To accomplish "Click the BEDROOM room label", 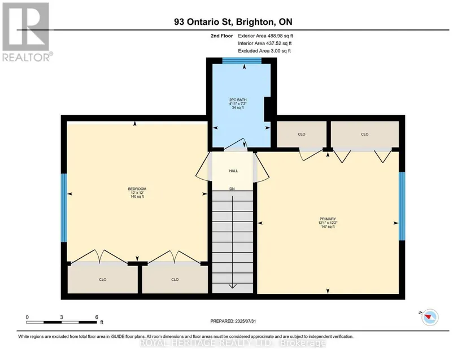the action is coord(137,189).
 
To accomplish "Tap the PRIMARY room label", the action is coord(328,219).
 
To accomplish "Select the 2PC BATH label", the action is coord(238,100).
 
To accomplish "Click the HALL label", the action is coord(233,171).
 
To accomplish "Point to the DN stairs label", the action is coord(232,189).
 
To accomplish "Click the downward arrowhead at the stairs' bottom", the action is coord(232,286).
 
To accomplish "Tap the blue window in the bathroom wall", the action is coord(242,60).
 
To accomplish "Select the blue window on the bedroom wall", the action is coord(64,208).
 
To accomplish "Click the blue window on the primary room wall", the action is coord(402,206).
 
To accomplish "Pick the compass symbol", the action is coord(430,317).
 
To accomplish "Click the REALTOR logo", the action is coord(27,32).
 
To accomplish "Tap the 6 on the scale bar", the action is coord(97,317).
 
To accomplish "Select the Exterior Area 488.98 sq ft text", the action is coord(265,36).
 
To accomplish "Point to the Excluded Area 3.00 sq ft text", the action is coord(264,51).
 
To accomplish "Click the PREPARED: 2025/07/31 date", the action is coord(233,321).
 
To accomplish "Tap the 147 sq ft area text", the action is coord(328,227).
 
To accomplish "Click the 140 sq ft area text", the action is coord(137,197).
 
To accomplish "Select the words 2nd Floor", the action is coord(222,36).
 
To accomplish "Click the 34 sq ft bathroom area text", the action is coord(238,107).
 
